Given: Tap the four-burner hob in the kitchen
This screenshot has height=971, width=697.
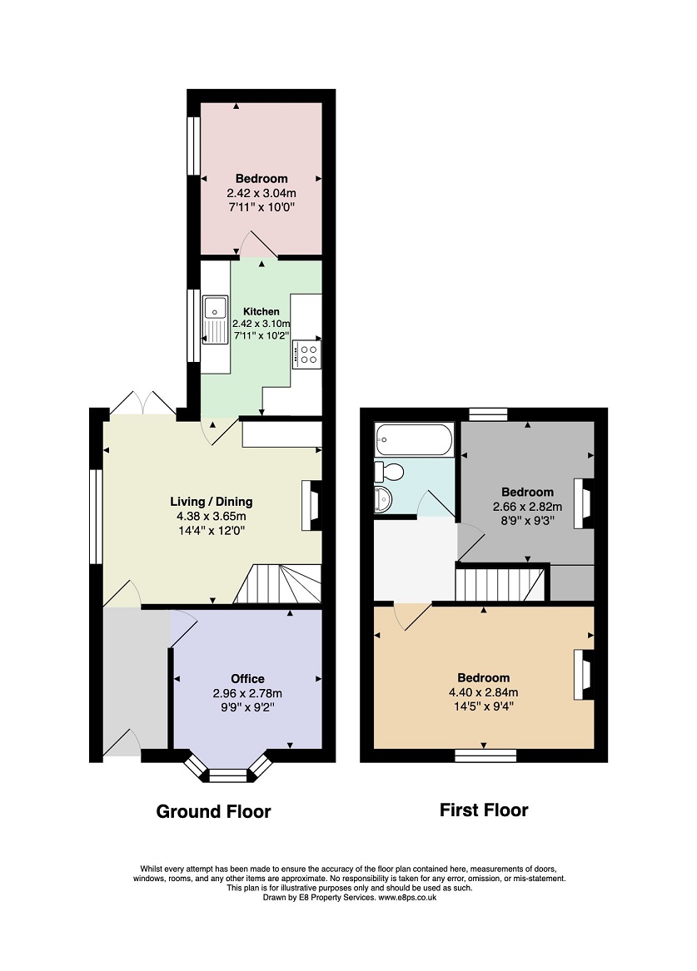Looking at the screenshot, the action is (306, 354).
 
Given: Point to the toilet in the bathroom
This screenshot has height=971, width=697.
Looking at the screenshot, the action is (389, 471).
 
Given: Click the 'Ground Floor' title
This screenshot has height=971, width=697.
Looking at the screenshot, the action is (214, 811).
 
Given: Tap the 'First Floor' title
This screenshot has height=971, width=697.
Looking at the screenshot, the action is (484, 810).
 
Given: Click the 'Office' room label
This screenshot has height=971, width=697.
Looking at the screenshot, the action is (248, 679).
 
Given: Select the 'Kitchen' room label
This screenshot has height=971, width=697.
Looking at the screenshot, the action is (261, 311).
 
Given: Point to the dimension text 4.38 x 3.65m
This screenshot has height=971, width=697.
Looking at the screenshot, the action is (212, 516).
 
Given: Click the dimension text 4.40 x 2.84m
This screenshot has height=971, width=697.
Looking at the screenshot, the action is (484, 692).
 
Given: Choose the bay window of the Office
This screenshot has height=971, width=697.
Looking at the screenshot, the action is (229, 770).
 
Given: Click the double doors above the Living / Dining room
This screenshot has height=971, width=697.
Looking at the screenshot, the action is (143, 403).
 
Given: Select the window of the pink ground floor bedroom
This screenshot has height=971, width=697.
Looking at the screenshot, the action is (194, 146).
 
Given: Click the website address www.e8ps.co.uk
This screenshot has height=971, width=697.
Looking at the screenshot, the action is (407, 897).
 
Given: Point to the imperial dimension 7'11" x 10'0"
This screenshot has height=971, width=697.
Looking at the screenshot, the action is (261, 207).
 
